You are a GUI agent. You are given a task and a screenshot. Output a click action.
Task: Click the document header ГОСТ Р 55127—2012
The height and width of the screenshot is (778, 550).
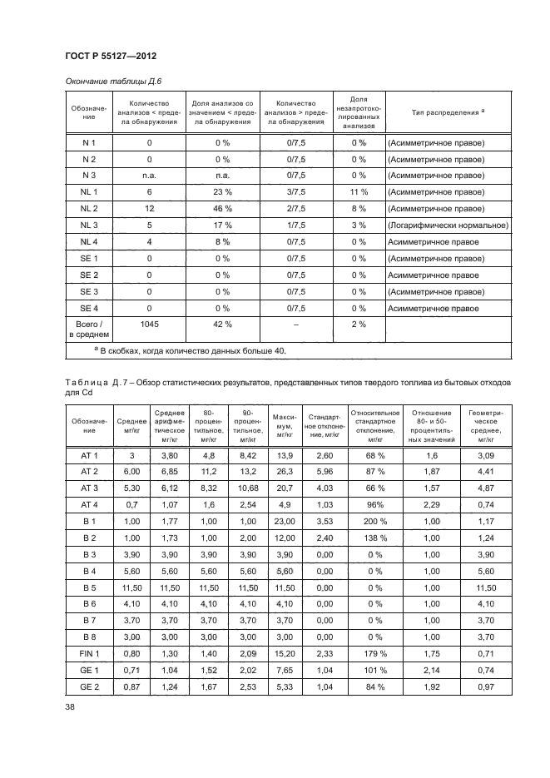(x=111, y=56)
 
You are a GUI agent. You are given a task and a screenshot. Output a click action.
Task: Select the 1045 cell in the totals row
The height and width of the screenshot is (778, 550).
(x=149, y=324)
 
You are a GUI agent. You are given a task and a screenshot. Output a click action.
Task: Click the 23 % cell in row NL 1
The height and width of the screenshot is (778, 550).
(x=222, y=192)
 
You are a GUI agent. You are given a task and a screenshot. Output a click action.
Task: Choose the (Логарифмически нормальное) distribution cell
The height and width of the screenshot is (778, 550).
(x=448, y=225)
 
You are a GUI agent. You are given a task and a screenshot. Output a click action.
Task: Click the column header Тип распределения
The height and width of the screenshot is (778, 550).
(x=448, y=111)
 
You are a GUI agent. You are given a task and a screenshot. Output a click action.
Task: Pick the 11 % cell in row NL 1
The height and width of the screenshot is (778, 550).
(x=359, y=192)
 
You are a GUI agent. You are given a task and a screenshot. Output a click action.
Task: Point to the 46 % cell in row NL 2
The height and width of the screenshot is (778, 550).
(x=222, y=209)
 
